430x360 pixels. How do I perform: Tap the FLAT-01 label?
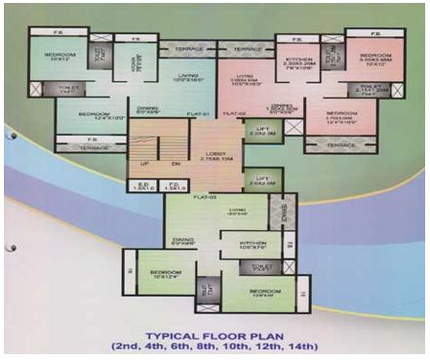200,114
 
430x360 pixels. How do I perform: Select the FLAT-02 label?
234,114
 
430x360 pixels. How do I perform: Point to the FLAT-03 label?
203,197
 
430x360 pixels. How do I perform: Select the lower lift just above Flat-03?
257,180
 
